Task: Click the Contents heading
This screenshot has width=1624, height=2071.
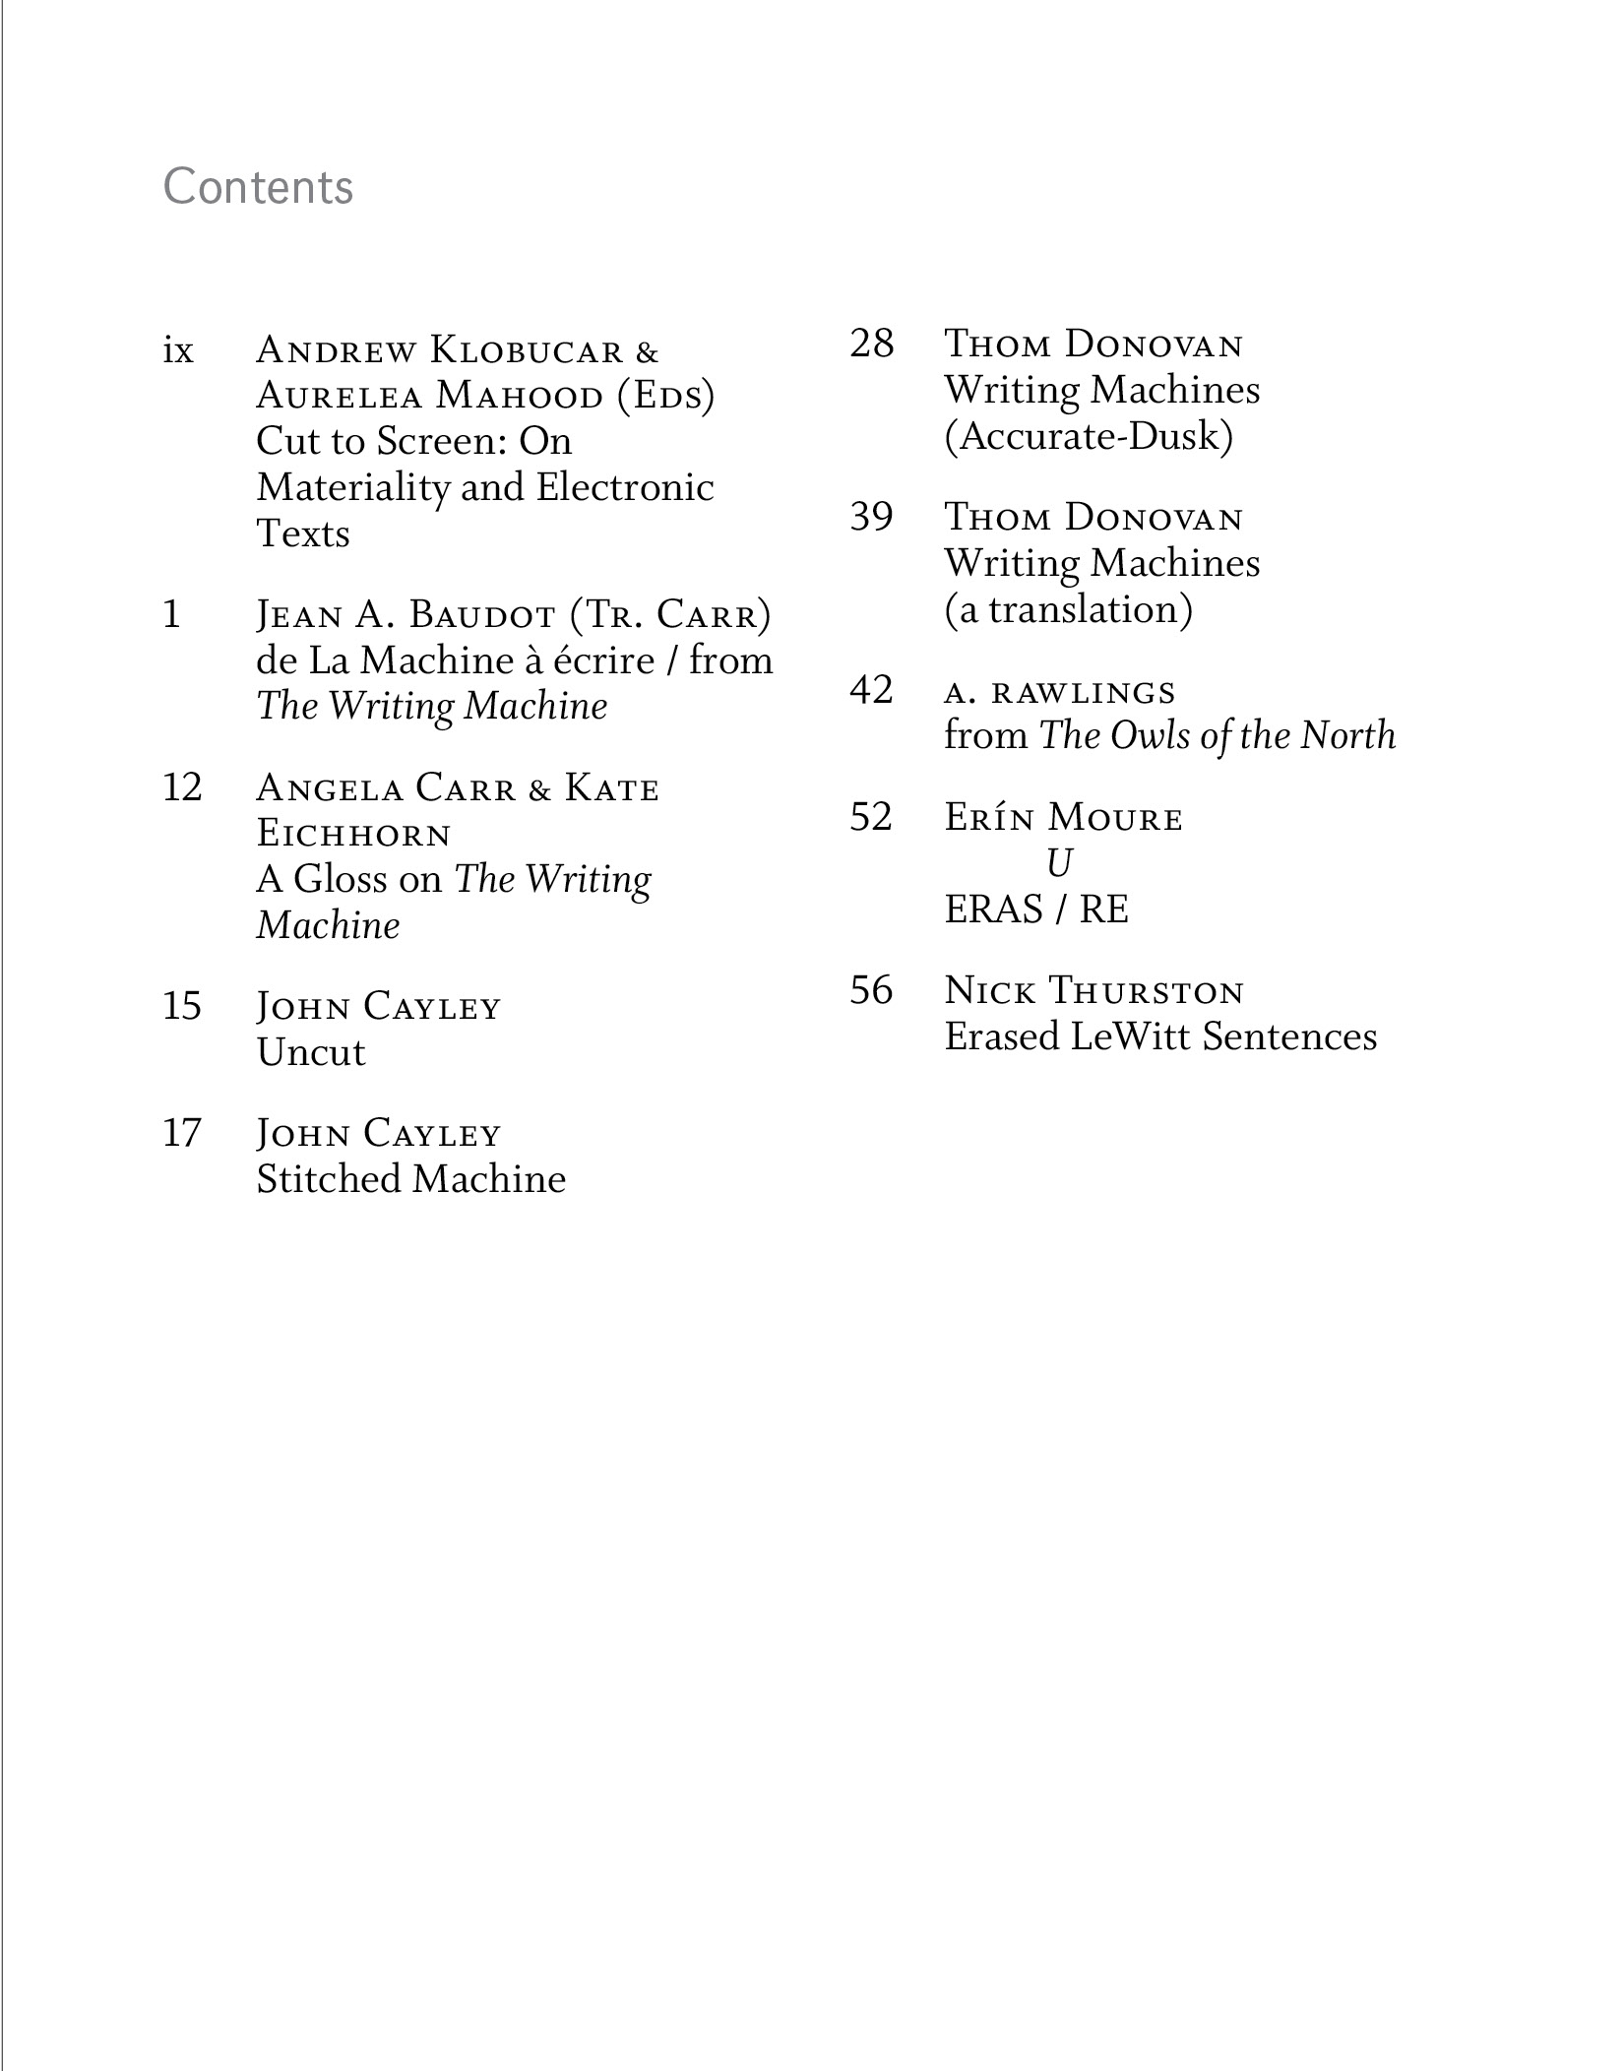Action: [x=258, y=187]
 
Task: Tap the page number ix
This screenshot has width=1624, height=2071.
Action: [x=178, y=350]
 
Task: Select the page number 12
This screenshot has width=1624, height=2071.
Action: [x=182, y=787]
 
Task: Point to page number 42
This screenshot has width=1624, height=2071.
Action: [x=871, y=690]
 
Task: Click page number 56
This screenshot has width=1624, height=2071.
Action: [x=871, y=990]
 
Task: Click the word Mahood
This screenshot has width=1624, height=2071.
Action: [x=520, y=397]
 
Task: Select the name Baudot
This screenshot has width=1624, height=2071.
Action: [x=482, y=615]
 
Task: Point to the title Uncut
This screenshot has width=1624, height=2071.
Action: [x=311, y=1053]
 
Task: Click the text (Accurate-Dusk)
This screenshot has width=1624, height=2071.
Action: [x=1089, y=437]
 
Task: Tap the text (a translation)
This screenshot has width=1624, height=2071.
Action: [x=1069, y=610]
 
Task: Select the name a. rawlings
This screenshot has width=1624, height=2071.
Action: [x=1060, y=693]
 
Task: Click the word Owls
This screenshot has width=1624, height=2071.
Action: [x=1152, y=736]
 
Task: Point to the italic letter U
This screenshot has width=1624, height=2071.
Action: [x=1059, y=864]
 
